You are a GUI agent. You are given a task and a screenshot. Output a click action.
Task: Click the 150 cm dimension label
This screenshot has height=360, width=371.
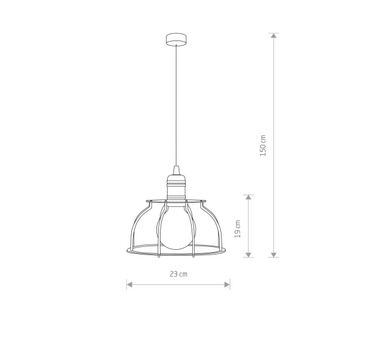[263, 145]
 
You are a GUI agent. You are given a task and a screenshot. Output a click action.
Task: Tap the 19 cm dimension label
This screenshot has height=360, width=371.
[237, 229]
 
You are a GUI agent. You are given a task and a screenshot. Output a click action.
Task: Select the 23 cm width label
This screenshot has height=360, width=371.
[178, 274]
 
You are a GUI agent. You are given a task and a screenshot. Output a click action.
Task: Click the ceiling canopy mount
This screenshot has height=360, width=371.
[176, 39]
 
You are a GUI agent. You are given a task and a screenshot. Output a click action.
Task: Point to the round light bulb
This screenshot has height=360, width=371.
[176, 227]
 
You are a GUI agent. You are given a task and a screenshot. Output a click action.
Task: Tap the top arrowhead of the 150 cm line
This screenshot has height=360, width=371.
[274, 36]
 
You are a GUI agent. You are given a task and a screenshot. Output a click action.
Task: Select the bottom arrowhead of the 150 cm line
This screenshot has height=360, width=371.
[274, 254]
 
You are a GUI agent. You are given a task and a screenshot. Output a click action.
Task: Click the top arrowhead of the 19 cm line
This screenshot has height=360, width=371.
[248, 198]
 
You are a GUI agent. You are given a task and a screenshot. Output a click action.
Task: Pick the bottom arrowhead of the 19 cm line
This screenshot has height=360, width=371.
[248, 254]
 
